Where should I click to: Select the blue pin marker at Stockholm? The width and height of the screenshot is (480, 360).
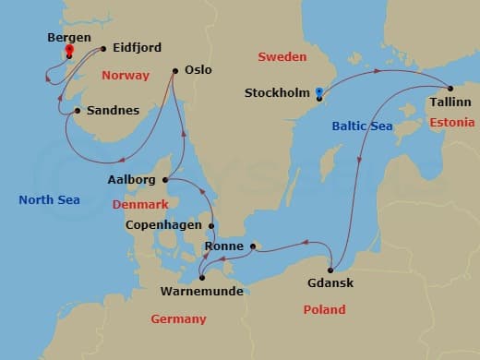[318, 92]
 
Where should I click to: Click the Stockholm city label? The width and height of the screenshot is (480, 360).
[278, 93]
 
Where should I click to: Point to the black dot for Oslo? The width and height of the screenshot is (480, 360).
[175, 71]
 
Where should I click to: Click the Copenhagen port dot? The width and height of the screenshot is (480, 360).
[212, 225]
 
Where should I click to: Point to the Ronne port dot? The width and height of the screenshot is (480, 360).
[252, 246]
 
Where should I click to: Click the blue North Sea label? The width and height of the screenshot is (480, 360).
[49, 199]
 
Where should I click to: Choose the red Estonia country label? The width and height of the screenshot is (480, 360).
[452, 123]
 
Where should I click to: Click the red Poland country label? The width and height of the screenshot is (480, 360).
[325, 309]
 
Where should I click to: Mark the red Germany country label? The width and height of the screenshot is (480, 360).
[179, 318]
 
